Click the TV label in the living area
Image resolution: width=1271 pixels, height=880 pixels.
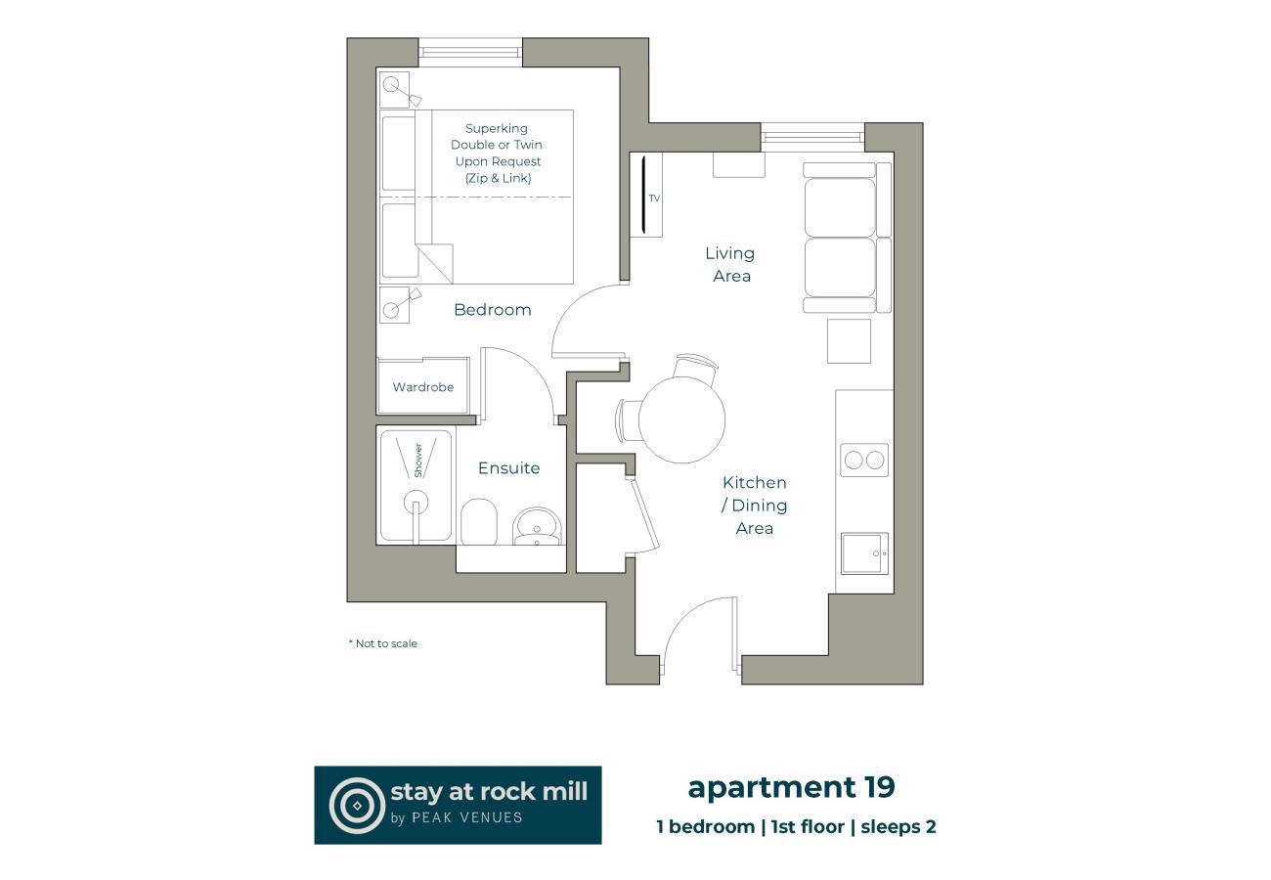[654, 198]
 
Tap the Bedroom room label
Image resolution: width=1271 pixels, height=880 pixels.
[493, 310]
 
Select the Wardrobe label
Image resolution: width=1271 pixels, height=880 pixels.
[423, 387]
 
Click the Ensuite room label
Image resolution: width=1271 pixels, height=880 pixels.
[508, 468]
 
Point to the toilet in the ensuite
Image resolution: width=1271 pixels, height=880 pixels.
[479, 522]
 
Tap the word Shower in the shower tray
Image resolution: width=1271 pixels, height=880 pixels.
[418, 461]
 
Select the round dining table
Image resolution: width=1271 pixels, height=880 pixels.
[681, 419]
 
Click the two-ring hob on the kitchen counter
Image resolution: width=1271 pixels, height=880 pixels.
[864, 460]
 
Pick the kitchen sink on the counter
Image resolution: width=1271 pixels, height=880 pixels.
[864, 553]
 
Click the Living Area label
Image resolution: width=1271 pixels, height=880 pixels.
[730, 264]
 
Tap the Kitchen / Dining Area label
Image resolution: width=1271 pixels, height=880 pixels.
[755, 506]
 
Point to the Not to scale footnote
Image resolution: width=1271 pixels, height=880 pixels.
[383, 643]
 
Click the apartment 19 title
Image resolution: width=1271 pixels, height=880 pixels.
[791, 787]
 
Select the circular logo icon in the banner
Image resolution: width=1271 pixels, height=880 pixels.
[357, 805]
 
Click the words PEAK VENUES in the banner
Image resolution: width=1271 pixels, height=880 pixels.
[467, 817]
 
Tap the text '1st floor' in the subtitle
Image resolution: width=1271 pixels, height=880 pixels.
[808, 826]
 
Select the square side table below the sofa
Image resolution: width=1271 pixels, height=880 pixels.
[848, 341]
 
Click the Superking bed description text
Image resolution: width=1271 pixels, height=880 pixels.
[497, 154]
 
